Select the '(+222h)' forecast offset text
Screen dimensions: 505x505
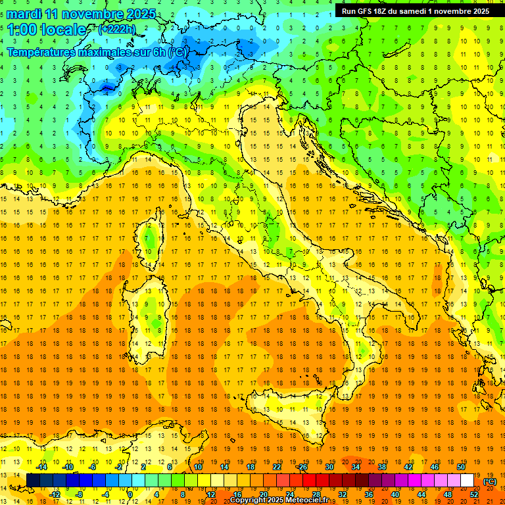click(117, 29)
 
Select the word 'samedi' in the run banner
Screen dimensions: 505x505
click(419, 11)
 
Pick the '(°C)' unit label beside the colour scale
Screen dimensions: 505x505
click(490, 481)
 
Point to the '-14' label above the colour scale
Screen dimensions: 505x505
click(41, 467)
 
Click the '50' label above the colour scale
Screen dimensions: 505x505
click(461, 467)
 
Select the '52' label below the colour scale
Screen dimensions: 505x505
click(474, 494)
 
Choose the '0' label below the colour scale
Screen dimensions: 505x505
click(130, 494)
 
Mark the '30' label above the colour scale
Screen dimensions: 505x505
click(329, 467)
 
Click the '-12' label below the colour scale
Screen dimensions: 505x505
click(55, 494)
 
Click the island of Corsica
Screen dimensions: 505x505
click(152, 240)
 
